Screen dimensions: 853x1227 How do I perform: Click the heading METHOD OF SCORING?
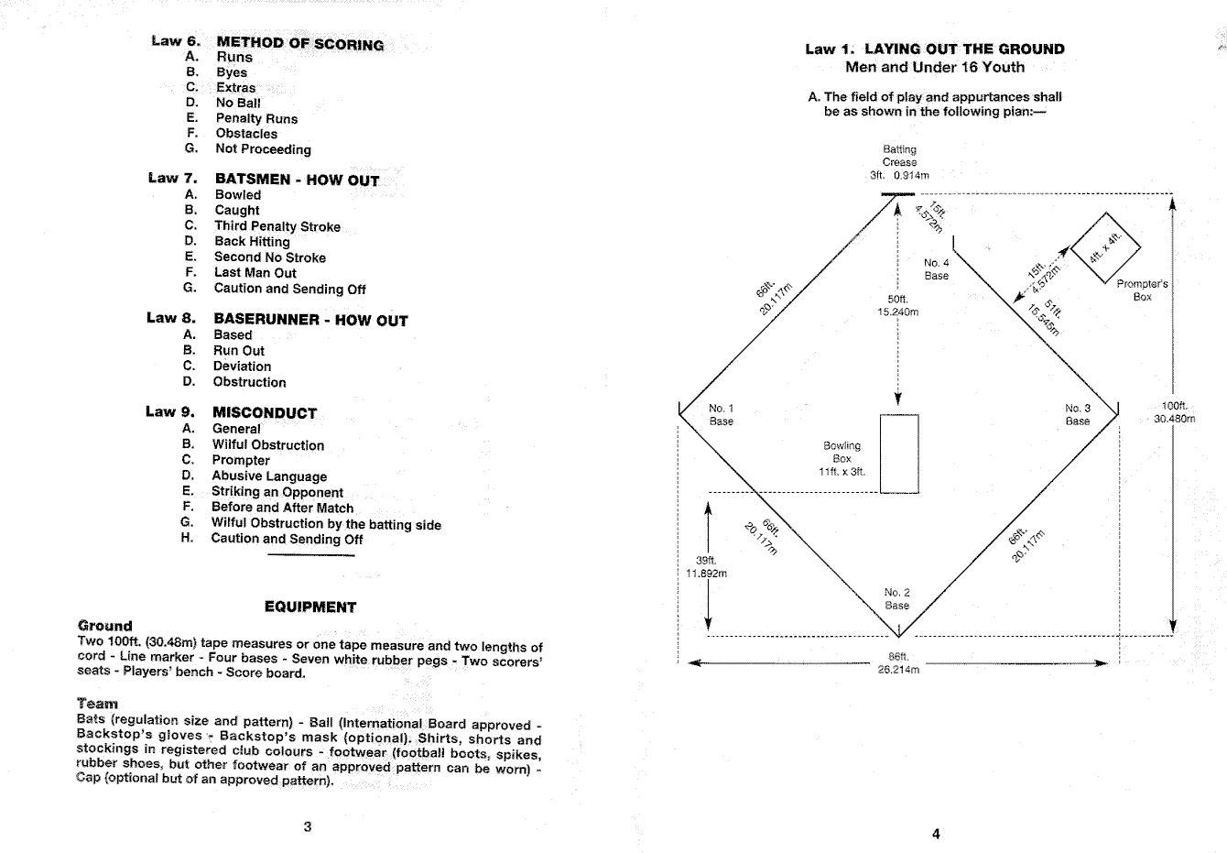tap(299, 43)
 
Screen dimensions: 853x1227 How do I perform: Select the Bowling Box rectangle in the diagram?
tap(898, 454)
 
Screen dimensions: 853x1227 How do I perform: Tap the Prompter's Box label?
tap(1142, 290)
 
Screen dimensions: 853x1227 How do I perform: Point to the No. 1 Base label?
tap(722, 415)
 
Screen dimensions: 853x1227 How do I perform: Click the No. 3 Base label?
tap(1078, 415)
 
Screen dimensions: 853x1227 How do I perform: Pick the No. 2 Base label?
tap(897, 599)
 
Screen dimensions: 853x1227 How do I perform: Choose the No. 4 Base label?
tap(936, 269)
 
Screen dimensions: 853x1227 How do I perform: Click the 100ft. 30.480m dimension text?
tap(1174, 412)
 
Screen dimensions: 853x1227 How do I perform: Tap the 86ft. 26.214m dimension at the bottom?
tap(897, 662)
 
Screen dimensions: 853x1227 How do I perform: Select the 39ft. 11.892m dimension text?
tap(706, 567)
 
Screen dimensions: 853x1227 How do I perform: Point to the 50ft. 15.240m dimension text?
tap(897, 305)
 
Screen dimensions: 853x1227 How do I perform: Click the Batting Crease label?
tap(899, 161)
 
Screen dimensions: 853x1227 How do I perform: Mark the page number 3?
tap(308, 826)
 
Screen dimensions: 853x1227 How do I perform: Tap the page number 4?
tap(935, 834)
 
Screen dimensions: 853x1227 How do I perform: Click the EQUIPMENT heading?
tap(309, 607)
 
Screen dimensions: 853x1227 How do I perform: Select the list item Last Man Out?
tap(255, 272)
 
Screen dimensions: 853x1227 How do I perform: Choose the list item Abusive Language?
tap(269, 476)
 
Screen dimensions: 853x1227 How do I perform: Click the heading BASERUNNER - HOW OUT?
tap(310, 320)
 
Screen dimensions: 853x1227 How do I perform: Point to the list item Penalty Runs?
tap(256, 118)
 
